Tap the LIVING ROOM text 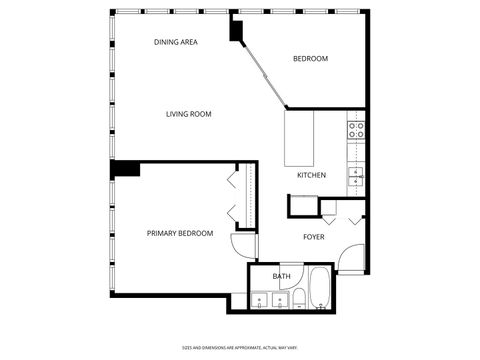188,114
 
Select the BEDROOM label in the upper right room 310,59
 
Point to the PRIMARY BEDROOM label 180,233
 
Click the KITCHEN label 311,176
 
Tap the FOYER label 314,237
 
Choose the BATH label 282,276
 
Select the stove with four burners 356,128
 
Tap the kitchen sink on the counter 356,177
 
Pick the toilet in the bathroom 298,297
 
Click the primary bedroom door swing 243,246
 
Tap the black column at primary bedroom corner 125,168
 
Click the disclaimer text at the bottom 239,347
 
